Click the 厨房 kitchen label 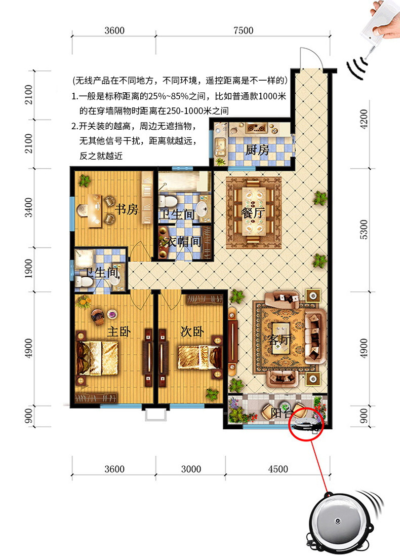[257, 150]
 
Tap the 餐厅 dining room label [253, 213]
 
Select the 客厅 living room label [279, 340]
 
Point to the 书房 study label [127, 209]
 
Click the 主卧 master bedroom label [118, 332]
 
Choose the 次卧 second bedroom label [192, 331]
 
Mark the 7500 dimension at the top [244, 30]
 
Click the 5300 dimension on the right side [364, 230]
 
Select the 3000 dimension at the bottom [191, 469]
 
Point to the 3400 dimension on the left [28, 208]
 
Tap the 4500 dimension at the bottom [278, 469]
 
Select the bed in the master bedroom [97, 358]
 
